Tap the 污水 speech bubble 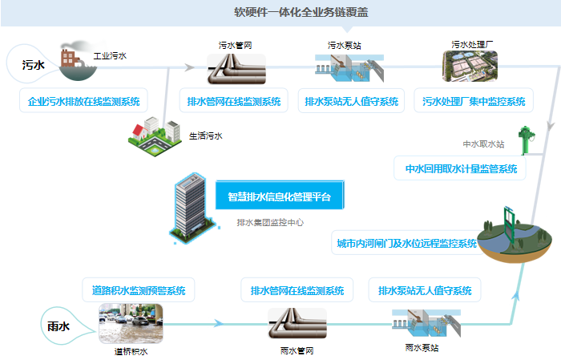[32, 64]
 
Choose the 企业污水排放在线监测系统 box [83, 102]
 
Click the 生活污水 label [206, 136]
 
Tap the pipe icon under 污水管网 [232, 70]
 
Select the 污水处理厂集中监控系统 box [473, 102]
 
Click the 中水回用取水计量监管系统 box [461, 168]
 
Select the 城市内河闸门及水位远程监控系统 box [407, 242]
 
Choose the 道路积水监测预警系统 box [139, 290]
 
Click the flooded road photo [131, 324]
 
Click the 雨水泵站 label [422, 349]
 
